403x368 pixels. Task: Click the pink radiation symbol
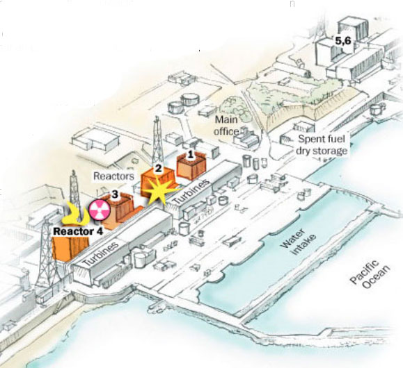coord(100,210)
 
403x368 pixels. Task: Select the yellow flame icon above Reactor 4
coord(75,214)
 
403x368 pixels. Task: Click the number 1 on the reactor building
coord(190,155)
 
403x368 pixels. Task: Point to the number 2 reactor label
coord(158,169)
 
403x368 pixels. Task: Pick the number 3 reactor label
coord(115,194)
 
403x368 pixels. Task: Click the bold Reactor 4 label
coord(78,231)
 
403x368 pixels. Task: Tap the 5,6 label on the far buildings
coord(343,41)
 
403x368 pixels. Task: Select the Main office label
coord(226,126)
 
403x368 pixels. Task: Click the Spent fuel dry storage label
coord(322,145)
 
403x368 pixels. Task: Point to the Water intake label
coord(298,242)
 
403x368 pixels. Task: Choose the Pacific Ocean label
coord(370,274)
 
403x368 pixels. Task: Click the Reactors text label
coord(113,176)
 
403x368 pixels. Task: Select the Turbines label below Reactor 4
coord(101,254)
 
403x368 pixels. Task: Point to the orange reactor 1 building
coord(191,166)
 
